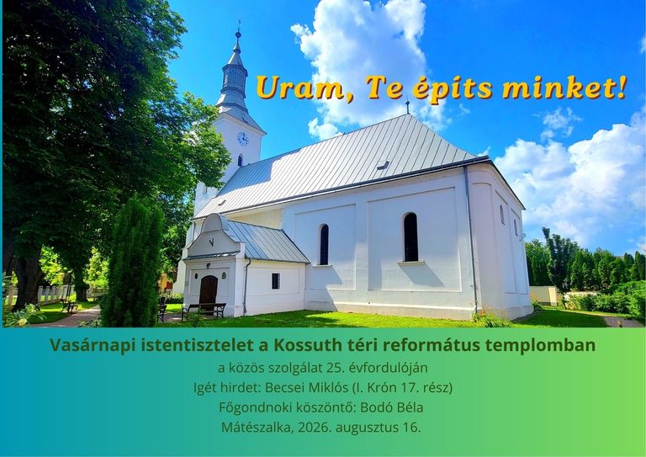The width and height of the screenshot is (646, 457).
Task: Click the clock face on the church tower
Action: [x=243, y=139]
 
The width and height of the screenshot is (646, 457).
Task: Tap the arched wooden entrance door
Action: [x=209, y=290]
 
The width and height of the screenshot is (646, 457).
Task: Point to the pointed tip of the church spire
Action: [x=239, y=21]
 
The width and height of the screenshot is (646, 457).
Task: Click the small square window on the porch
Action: [x=276, y=281]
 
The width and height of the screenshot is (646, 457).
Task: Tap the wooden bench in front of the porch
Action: [x=204, y=310]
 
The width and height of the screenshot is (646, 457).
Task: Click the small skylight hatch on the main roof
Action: [x=384, y=164]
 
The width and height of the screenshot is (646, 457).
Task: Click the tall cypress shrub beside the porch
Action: [x=133, y=263]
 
